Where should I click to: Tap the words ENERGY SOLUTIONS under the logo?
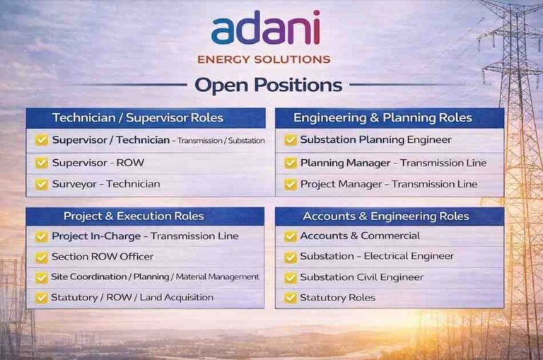point(264,59)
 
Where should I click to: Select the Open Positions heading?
point(268,86)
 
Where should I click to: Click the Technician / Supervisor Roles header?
point(137,118)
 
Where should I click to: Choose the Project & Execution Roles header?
point(134,216)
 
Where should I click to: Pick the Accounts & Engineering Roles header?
point(387,216)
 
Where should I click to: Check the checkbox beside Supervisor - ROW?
point(42,163)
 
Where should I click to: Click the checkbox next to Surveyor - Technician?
point(42,184)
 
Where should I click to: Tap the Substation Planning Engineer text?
point(375,140)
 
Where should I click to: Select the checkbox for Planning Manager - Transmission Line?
point(290,163)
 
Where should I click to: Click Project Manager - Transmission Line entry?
point(388,184)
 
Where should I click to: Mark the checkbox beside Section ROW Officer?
point(42,257)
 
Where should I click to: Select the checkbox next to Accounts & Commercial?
point(290,236)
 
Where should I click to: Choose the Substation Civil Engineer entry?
point(361,277)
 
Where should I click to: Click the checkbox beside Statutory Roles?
point(290,298)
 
